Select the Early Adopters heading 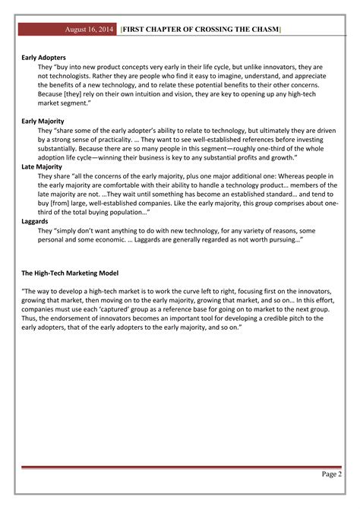[43, 57]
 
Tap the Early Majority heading [43, 121]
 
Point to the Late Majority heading [42, 166]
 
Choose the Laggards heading [36, 220]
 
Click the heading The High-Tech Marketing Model [70, 272]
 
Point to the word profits [229, 158]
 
